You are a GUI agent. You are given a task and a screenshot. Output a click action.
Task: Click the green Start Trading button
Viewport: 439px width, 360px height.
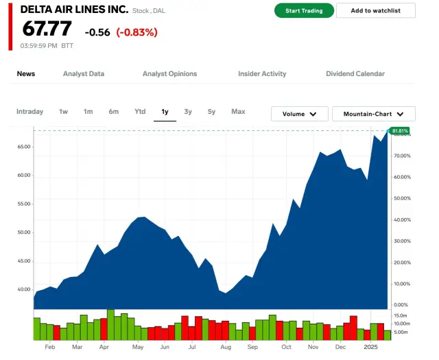coord(304,11)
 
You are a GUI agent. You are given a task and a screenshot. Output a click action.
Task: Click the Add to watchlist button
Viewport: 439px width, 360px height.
coord(376,11)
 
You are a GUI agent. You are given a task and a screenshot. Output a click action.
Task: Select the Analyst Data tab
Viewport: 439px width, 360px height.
coord(84,74)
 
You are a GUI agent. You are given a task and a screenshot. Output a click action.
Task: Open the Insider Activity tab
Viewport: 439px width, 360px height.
coord(262,74)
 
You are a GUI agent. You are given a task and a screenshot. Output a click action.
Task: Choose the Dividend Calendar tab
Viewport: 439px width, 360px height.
coord(355,74)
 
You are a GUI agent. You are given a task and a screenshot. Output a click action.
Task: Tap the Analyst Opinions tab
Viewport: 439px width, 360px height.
coord(169,74)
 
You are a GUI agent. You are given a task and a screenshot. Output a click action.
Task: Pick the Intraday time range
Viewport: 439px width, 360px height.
coord(29,112)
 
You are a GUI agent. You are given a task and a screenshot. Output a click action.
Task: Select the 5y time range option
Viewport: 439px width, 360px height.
coord(212,112)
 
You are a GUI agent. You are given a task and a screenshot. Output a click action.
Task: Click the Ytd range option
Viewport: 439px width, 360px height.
coord(140,112)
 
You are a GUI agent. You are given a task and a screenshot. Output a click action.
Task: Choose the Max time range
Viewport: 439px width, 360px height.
coord(238,112)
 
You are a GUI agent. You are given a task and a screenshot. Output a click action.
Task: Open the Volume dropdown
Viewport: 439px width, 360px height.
coord(299,114)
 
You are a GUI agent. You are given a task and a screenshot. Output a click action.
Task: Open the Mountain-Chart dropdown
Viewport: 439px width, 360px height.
coord(373,114)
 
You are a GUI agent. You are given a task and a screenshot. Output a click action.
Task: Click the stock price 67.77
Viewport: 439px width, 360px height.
coord(47,30)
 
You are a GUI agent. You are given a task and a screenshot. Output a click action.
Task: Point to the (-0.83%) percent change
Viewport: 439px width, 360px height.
coord(137,32)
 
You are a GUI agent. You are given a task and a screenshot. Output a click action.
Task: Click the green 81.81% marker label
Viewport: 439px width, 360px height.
coord(399,130)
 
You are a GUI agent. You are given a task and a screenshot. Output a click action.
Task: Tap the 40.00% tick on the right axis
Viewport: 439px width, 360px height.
coord(402,220)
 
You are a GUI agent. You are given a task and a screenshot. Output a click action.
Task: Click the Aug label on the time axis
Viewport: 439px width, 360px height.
coord(226,348)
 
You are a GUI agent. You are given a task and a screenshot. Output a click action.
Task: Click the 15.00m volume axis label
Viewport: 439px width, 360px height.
coord(402,315)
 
